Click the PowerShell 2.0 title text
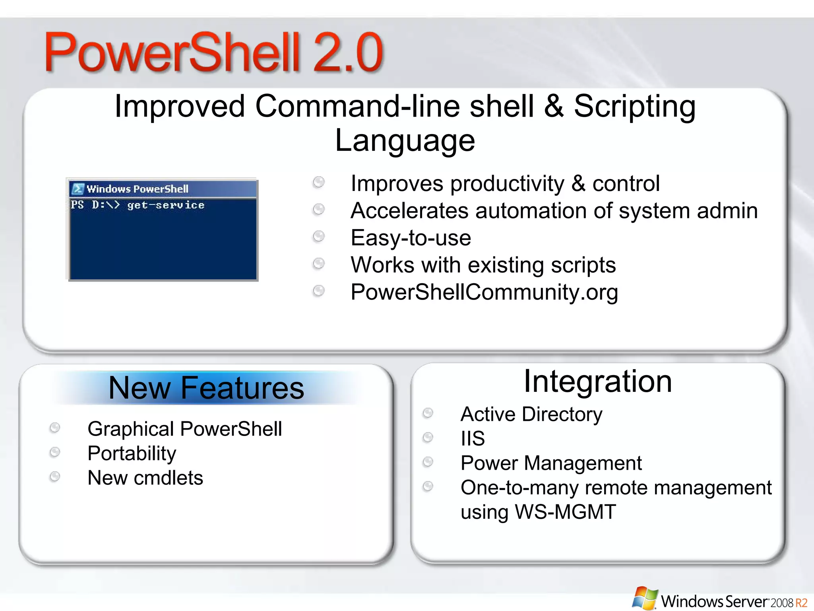point(214,53)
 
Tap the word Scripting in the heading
point(634,107)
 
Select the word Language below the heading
point(405,141)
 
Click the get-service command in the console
point(166,205)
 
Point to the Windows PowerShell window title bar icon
point(78,189)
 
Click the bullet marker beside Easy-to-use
point(318,236)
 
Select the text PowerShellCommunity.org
point(484,292)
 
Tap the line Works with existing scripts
point(483,265)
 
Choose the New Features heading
point(206,388)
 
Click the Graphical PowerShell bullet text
point(184,429)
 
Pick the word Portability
point(132,453)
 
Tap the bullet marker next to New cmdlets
point(55,476)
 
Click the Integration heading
point(597,381)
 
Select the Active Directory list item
point(531,414)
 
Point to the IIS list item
point(473,439)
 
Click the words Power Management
point(551,463)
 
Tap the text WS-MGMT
point(565,512)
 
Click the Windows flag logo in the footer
point(645,598)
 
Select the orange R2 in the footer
point(801,603)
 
